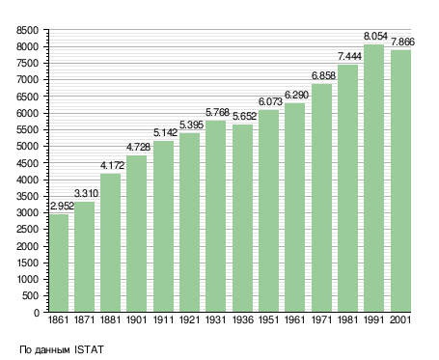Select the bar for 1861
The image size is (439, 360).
pos(59,263)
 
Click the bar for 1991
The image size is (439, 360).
pos(374,179)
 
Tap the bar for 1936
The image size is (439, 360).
pos(242,218)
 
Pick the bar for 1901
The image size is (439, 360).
pos(136,234)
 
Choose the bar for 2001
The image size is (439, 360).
pos(400,180)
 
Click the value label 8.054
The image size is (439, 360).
pos(375,36)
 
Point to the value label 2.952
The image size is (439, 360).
pos(62,206)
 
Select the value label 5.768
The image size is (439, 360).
pos(217,112)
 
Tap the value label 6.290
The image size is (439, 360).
pos(296,95)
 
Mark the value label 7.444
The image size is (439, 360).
pos(349,57)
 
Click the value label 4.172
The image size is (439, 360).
pos(112,165)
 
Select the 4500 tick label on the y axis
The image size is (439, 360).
pos(27,163)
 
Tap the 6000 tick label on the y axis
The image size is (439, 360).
pos(27,113)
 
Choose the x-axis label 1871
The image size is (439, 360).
pos(84,320)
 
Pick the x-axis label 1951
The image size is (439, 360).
pos(268,320)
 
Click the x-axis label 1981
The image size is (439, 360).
pos(347,320)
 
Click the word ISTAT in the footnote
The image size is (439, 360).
pos(89,349)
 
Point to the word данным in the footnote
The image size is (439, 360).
pos(52,350)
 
